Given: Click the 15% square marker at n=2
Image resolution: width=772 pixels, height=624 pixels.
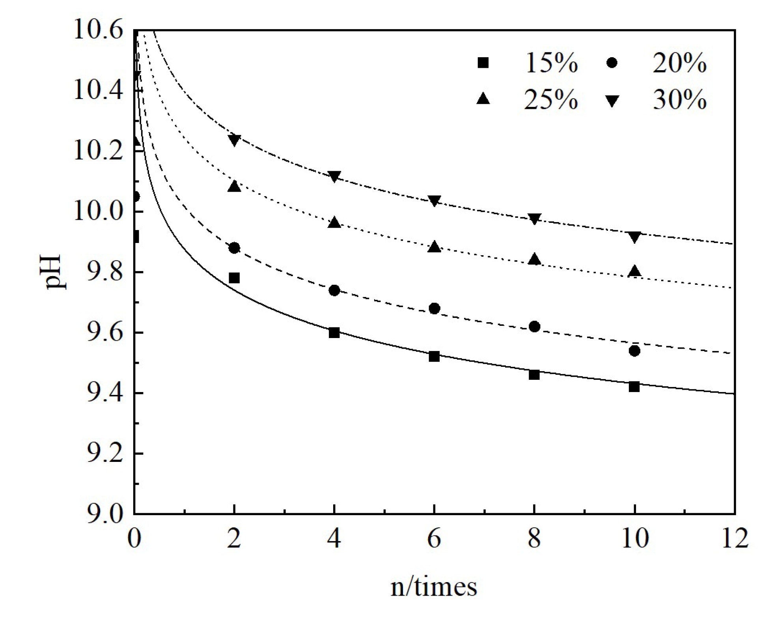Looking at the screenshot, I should click(234, 278).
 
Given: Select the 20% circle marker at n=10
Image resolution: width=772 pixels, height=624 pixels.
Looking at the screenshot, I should click(634, 351).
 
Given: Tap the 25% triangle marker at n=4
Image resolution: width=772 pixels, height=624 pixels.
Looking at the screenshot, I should click(334, 222).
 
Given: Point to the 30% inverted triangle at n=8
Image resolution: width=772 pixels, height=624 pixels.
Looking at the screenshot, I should click(534, 219).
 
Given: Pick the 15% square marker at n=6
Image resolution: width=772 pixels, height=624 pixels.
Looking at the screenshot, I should click(434, 357).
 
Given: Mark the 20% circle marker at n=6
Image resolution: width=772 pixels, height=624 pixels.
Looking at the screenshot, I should click(434, 308).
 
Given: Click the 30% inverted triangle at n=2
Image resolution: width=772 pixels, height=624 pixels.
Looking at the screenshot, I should click(234, 140).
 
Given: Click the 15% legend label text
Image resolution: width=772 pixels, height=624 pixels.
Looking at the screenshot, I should click(551, 63).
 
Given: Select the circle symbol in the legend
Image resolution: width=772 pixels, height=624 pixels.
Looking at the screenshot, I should click(612, 63).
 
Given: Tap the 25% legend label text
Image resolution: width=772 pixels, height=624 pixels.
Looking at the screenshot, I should click(551, 99).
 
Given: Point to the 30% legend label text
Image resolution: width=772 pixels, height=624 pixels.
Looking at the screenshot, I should click(679, 99).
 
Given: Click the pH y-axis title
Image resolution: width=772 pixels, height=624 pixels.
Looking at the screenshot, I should click(53, 272).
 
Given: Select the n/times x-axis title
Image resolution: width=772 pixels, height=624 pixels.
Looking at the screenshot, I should click(434, 587).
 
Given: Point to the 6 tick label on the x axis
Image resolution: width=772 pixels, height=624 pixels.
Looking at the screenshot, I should click(434, 538).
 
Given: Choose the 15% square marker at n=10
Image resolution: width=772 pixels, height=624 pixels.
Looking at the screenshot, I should click(634, 387).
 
